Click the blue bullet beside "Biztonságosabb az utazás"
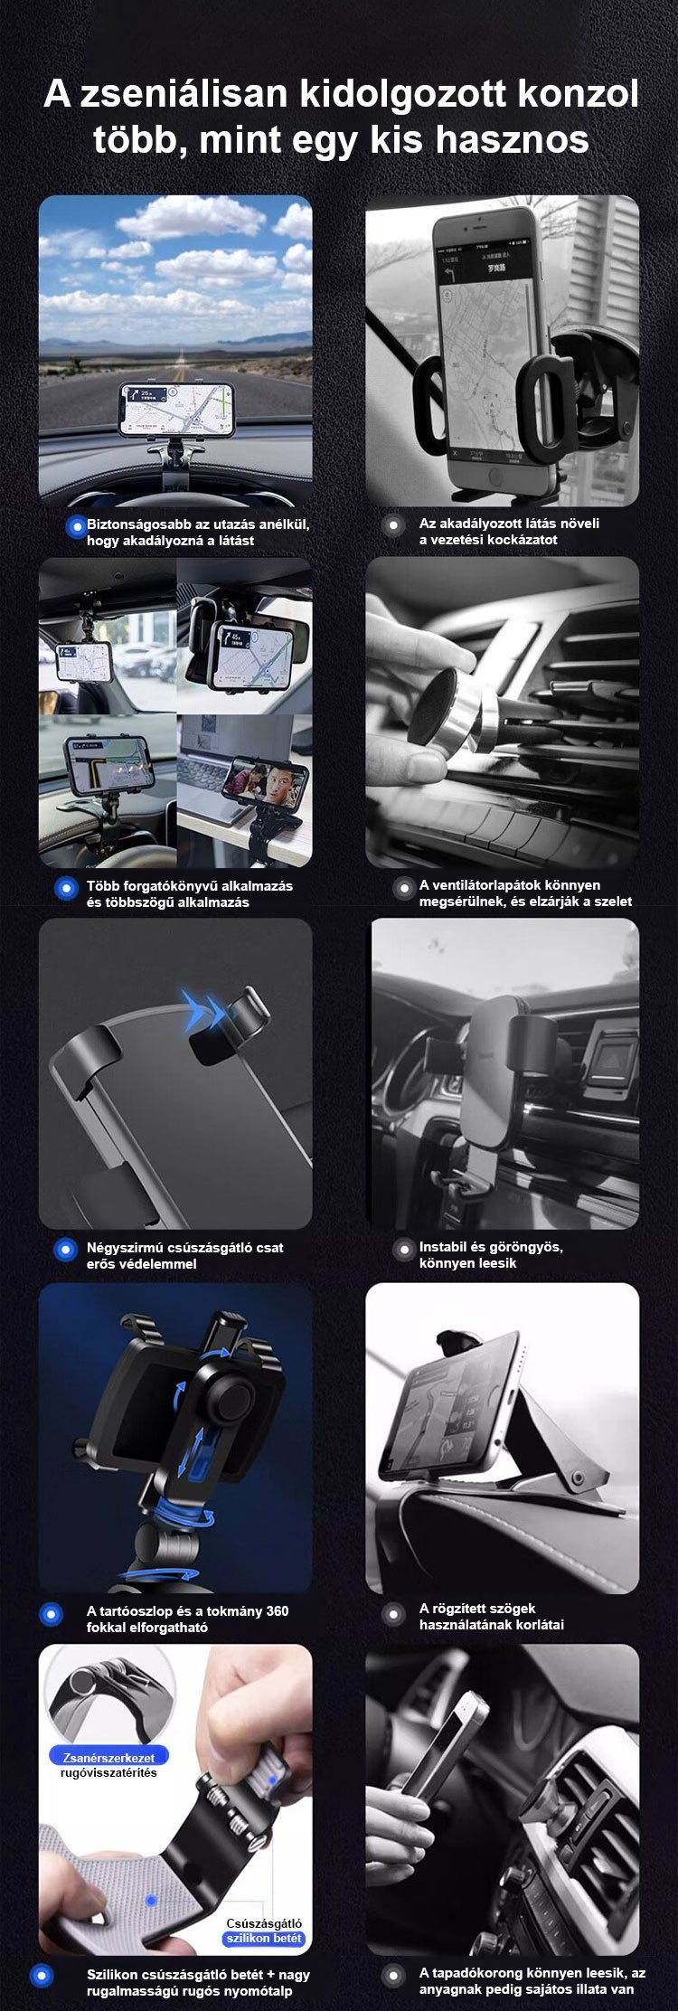[76, 526]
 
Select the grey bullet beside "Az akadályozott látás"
[392, 525]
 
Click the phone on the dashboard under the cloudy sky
[176, 409]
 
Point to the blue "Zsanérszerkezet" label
[108, 1758]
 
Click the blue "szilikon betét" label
[264, 1939]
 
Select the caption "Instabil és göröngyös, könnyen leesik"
[491, 1254]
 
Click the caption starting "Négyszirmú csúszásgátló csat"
[184, 1255]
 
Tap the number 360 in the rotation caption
[278, 1610]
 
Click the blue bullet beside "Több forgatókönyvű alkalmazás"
[65, 888]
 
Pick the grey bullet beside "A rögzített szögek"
[392, 1614]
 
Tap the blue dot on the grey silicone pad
[152, 1902]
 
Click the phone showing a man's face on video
[265, 778]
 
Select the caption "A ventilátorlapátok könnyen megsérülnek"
[525, 893]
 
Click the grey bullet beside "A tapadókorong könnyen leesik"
[392, 1976]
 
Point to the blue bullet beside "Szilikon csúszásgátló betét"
[42, 1976]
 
